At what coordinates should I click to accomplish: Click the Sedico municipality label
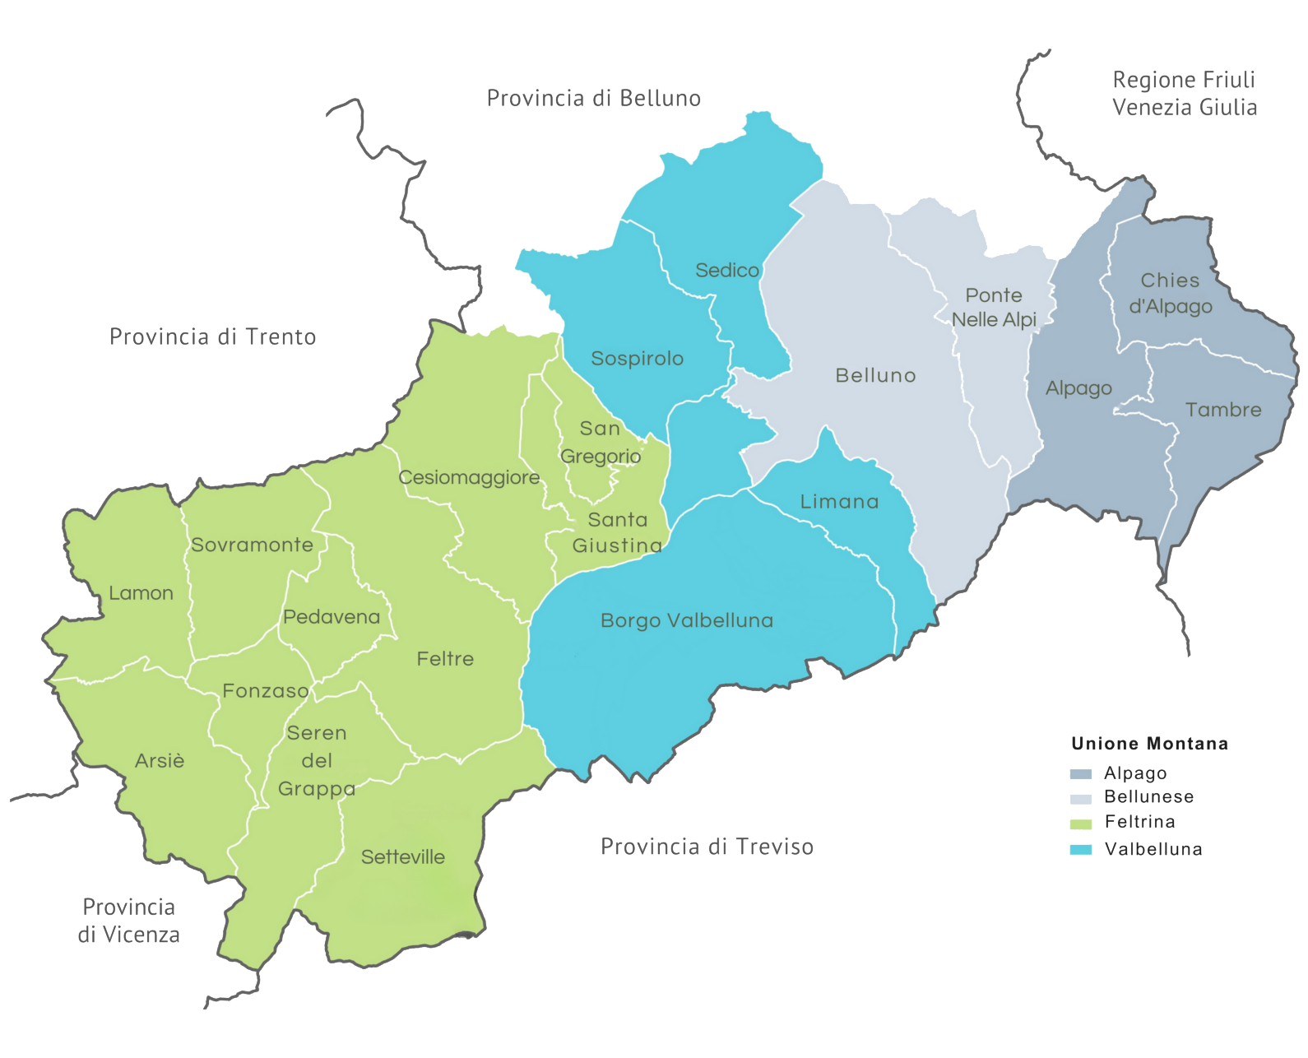pyautogui.click(x=727, y=271)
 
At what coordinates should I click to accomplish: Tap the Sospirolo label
pyautogui.click(x=638, y=359)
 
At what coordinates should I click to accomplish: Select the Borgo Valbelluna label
pyautogui.click(x=687, y=620)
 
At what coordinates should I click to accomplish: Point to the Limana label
pyautogui.click(x=840, y=502)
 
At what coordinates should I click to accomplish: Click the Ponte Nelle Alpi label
pyautogui.click(x=994, y=308)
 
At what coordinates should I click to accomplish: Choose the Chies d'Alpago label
pyautogui.click(x=1170, y=294)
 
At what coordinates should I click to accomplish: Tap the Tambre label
pyautogui.click(x=1223, y=410)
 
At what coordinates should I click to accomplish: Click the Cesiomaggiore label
pyautogui.click(x=469, y=478)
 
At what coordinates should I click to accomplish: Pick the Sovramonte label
pyautogui.click(x=252, y=545)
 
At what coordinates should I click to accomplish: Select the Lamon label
pyautogui.click(x=141, y=593)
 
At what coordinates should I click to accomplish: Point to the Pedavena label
pyautogui.click(x=332, y=617)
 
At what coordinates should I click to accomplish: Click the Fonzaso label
pyautogui.click(x=266, y=691)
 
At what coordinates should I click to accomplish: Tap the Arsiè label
pyautogui.click(x=160, y=761)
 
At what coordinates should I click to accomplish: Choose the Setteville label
pyautogui.click(x=403, y=857)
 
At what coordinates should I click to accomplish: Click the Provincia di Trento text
pyautogui.click(x=212, y=337)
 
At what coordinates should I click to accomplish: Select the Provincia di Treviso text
pyautogui.click(x=707, y=847)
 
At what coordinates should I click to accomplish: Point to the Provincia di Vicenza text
pyautogui.click(x=129, y=921)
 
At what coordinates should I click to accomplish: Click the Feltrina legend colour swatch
pyautogui.click(x=1080, y=824)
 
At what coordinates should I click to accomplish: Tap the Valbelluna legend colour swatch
pyautogui.click(x=1080, y=850)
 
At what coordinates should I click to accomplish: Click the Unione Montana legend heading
pyautogui.click(x=1149, y=744)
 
